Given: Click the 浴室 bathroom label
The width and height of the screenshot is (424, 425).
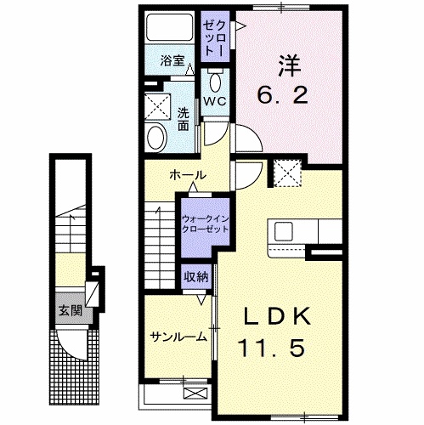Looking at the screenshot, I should tap(172, 60).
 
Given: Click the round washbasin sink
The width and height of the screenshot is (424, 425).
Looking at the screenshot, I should tap(156, 136).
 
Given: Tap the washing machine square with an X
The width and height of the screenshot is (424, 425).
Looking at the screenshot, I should tap(156, 105).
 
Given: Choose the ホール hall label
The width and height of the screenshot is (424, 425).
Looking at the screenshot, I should tap(187, 175).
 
